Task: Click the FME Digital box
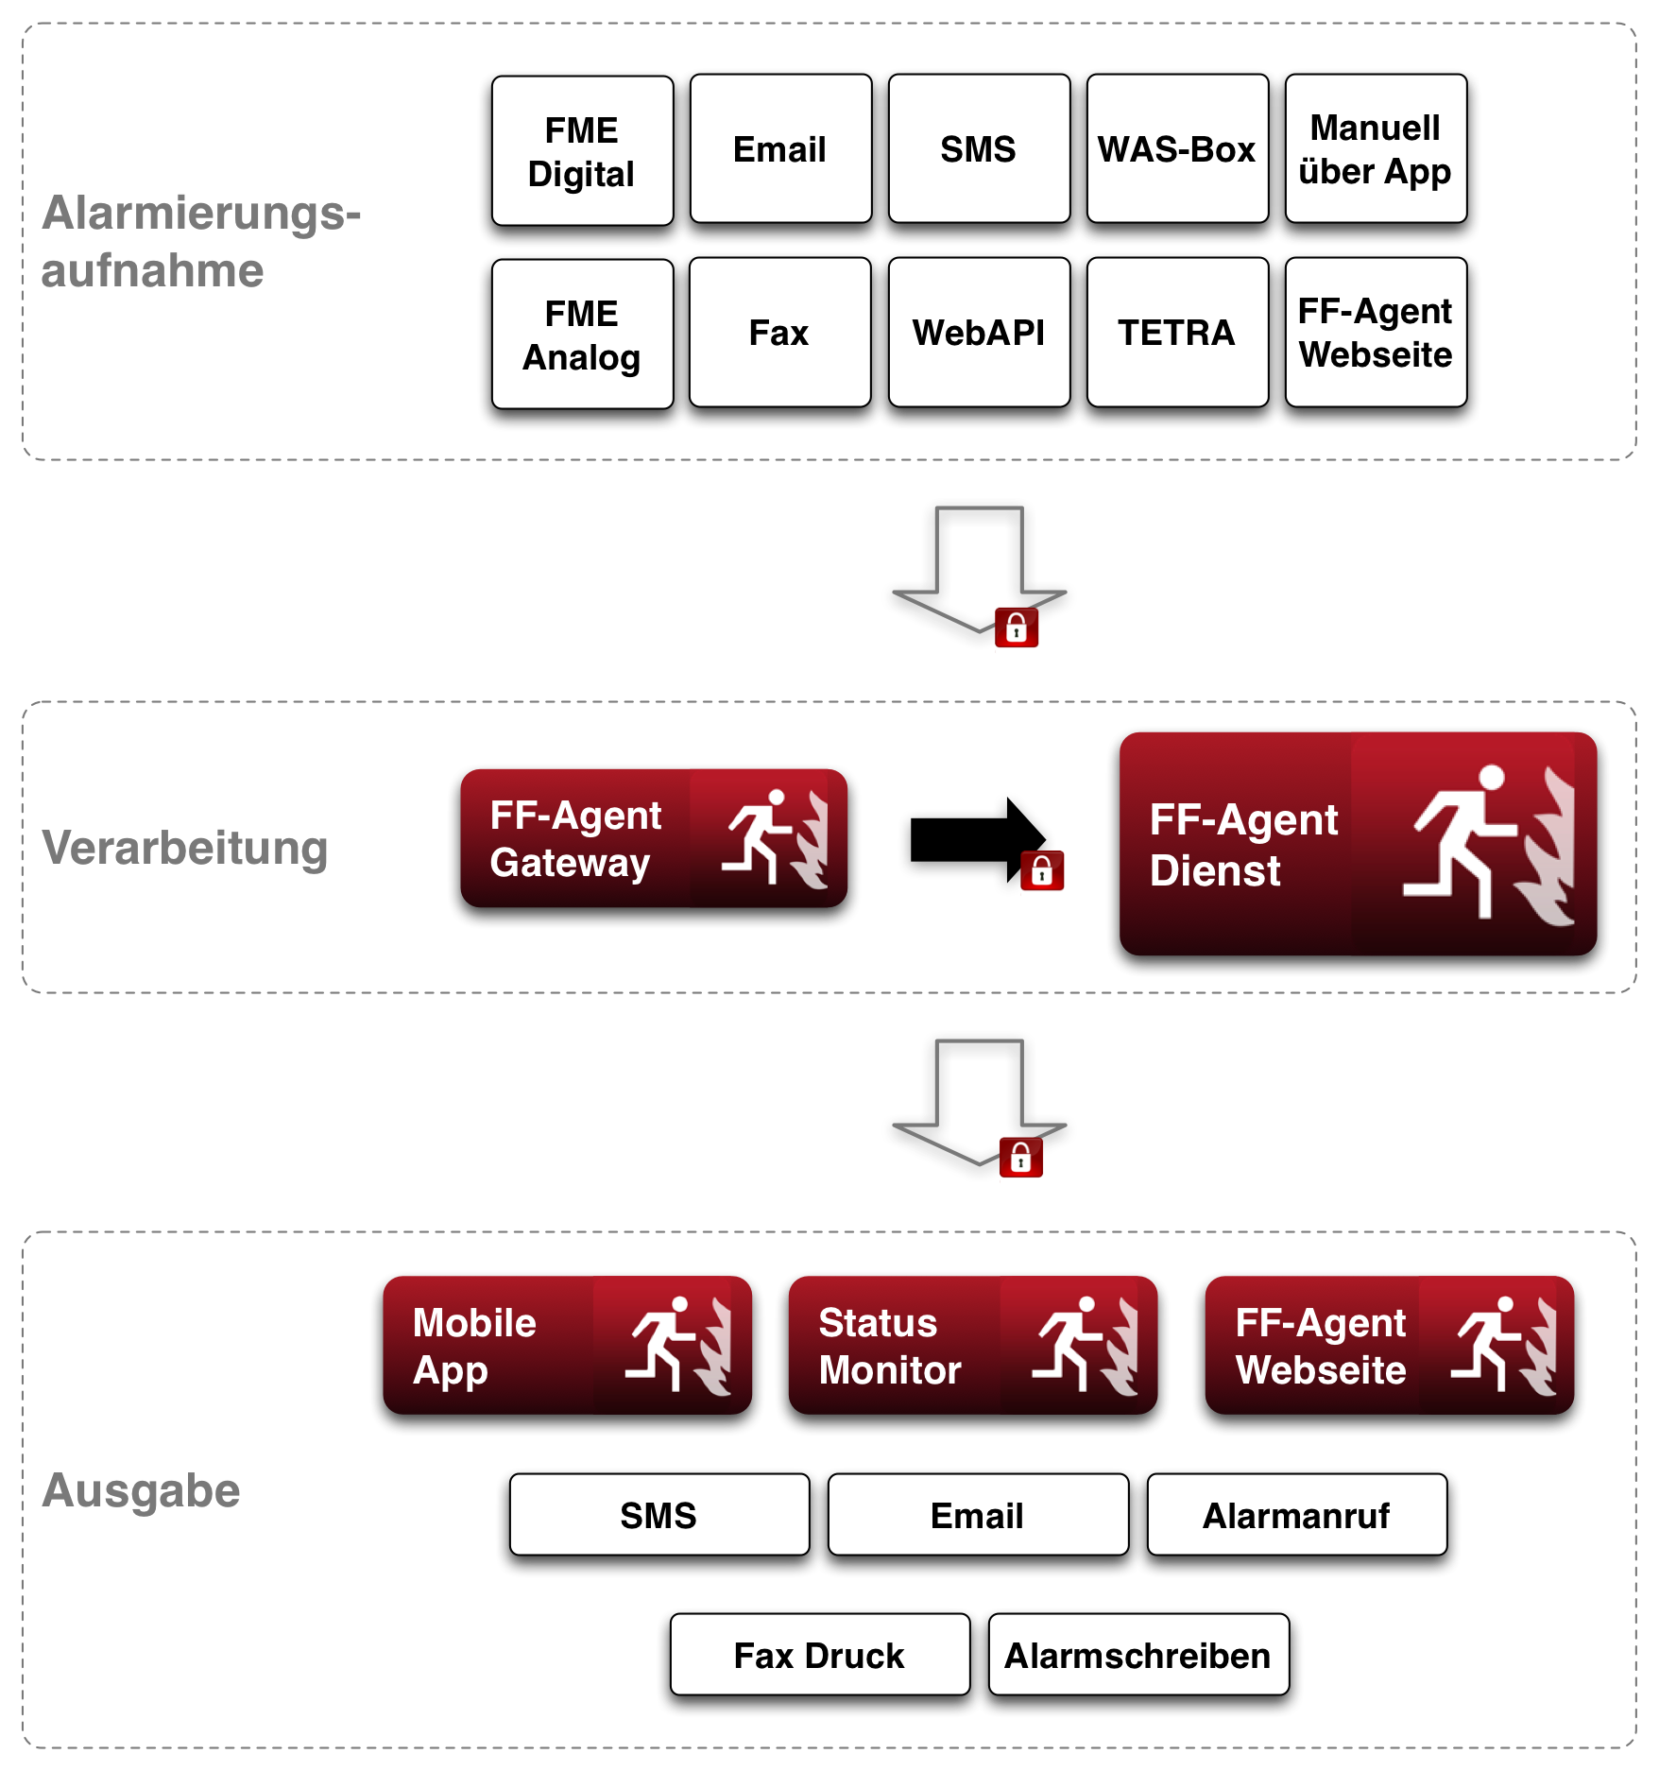(x=582, y=151)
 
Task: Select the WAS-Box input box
(x=1177, y=149)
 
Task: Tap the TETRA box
(x=1177, y=333)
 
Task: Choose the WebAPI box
(x=979, y=333)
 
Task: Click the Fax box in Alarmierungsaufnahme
(x=779, y=333)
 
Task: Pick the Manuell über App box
(x=1376, y=149)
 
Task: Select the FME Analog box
(x=582, y=335)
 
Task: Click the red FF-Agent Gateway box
(x=653, y=838)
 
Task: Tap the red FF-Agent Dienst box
(x=1358, y=843)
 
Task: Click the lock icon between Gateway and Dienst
(x=1042, y=870)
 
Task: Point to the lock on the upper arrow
(x=1017, y=628)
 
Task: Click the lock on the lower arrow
(x=1021, y=1158)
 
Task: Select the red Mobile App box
(x=567, y=1345)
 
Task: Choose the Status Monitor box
(x=972, y=1345)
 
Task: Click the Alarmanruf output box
(x=1296, y=1515)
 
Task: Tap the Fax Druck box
(x=819, y=1655)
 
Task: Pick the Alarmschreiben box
(x=1137, y=1655)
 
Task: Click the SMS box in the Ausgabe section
(x=658, y=1515)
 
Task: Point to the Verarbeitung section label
(x=185, y=848)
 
